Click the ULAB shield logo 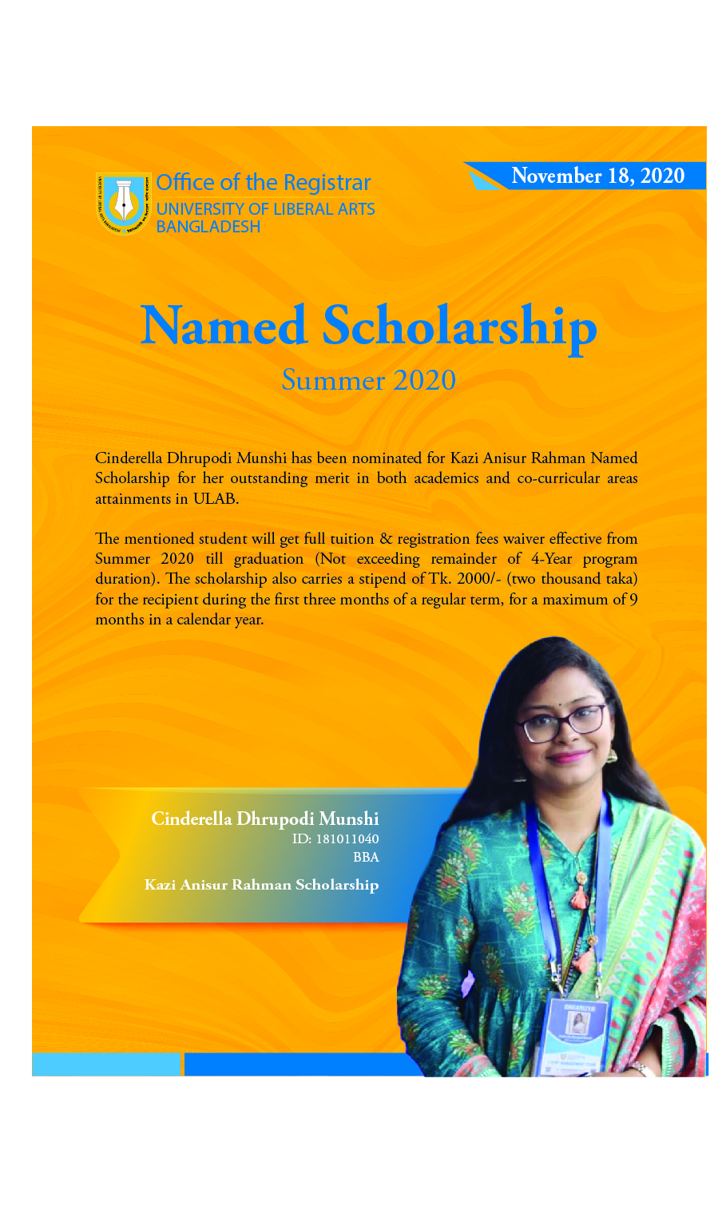point(124,203)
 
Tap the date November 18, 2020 point(597,176)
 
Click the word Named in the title point(224,326)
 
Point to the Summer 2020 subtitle point(368,380)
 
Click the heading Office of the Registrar point(264,183)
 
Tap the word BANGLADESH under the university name point(208,227)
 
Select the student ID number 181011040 point(347,839)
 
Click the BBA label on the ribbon point(366,858)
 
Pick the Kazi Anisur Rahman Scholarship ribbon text point(261,885)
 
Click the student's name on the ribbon point(265,819)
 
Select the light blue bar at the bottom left point(106,1064)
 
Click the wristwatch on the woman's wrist point(639,1068)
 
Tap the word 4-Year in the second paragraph point(551,559)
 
